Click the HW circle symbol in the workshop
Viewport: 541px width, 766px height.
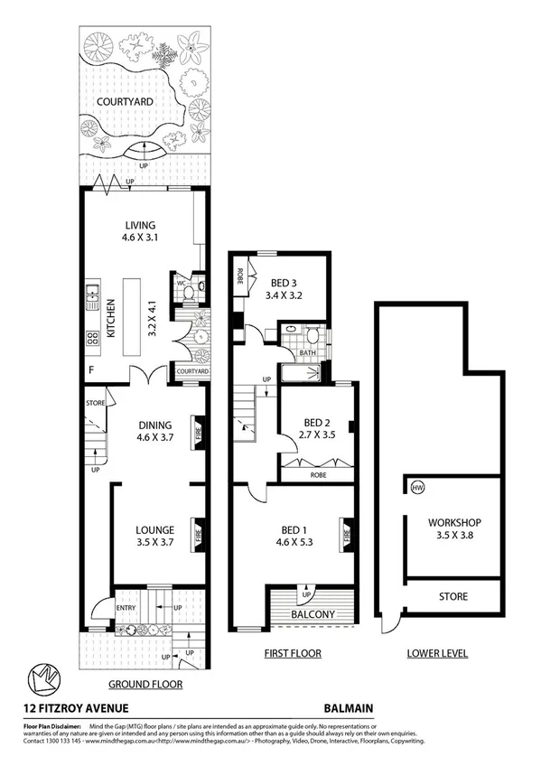click(x=416, y=489)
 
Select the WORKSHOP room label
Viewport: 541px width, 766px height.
click(x=442, y=523)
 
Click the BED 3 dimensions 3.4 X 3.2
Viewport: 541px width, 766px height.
click(x=289, y=294)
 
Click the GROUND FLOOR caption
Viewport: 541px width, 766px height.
click(x=145, y=684)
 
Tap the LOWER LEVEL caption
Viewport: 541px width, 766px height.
click(x=437, y=652)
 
